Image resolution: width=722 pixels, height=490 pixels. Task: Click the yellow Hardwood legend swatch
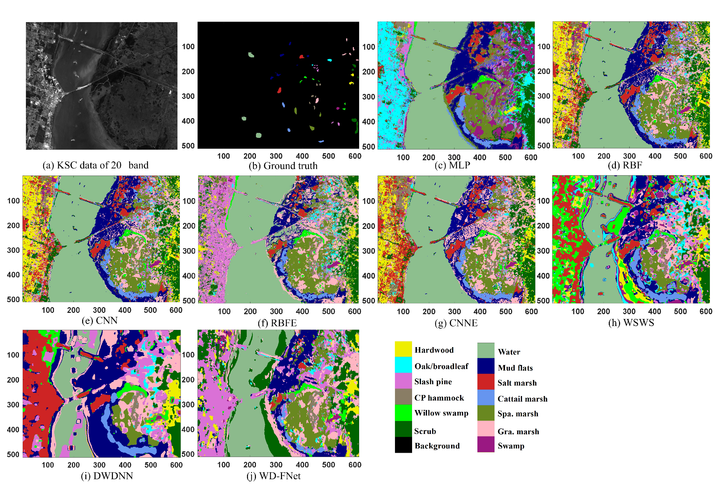[403, 349]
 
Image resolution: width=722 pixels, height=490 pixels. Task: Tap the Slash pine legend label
[433, 382]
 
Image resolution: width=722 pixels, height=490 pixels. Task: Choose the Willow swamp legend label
[441, 413]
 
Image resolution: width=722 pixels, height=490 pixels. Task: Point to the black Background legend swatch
[403, 445]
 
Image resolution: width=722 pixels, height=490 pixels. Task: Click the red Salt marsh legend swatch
[486, 382]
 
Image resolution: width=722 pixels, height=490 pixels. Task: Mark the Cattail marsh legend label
[522, 399]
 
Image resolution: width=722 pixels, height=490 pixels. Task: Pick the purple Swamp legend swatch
[486, 444]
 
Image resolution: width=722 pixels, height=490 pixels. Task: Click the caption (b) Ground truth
[283, 166]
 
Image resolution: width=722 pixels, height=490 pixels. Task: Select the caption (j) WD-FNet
[273, 476]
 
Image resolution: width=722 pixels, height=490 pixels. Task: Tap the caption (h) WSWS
[631, 323]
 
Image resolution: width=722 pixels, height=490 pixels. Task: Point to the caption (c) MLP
[452, 165]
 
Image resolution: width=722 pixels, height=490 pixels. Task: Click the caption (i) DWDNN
[107, 476]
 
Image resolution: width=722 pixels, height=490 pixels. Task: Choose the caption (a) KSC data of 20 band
[95, 165]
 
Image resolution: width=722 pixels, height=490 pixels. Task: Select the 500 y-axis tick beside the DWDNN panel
[13, 454]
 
